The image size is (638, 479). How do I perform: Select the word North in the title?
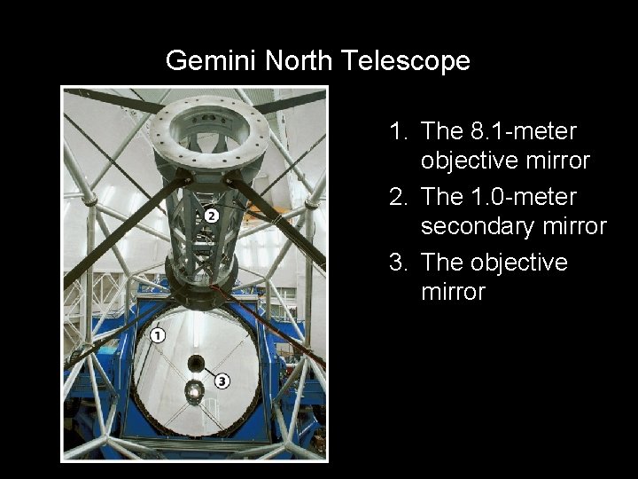click(x=292, y=61)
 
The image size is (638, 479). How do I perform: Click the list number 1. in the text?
click(x=401, y=131)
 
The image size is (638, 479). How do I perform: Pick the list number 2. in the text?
click(x=401, y=197)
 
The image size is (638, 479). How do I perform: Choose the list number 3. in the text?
click(x=401, y=263)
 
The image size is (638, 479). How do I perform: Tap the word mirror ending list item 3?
click(x=453, y=293)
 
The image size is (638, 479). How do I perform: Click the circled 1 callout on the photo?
click(x=158, y=334)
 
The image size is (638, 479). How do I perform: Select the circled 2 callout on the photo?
click(x=211, y=216)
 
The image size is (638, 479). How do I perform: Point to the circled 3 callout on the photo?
click(x=222, y=381)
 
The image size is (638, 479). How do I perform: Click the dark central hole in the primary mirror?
click(x=196, y=363)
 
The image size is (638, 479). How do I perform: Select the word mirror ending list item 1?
click(x=557, y=161)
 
